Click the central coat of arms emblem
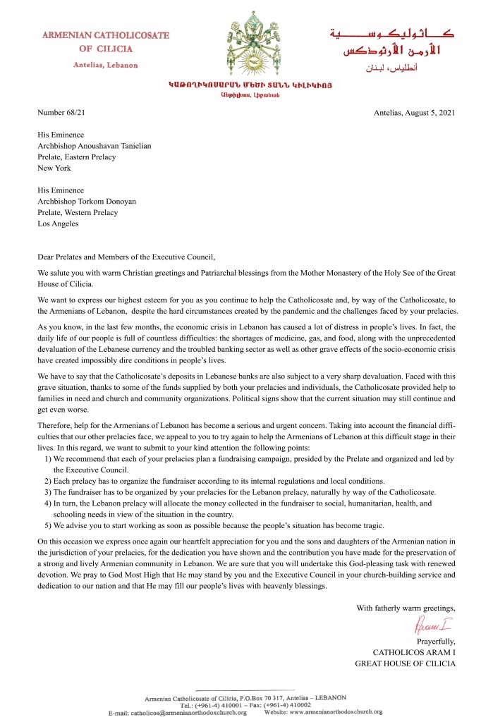pyautogui.click(x=248, y=46)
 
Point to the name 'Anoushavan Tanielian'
pyautogui.click(x=116, y=146)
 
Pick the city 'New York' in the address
pyautogui.click(x=54, y=169)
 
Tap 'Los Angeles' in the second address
pyautogui.click(x=58, y=224)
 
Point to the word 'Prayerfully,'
pyautogui.click(x=436, y=641)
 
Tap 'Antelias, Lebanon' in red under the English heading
pyautogui.click(x=106, y=65)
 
